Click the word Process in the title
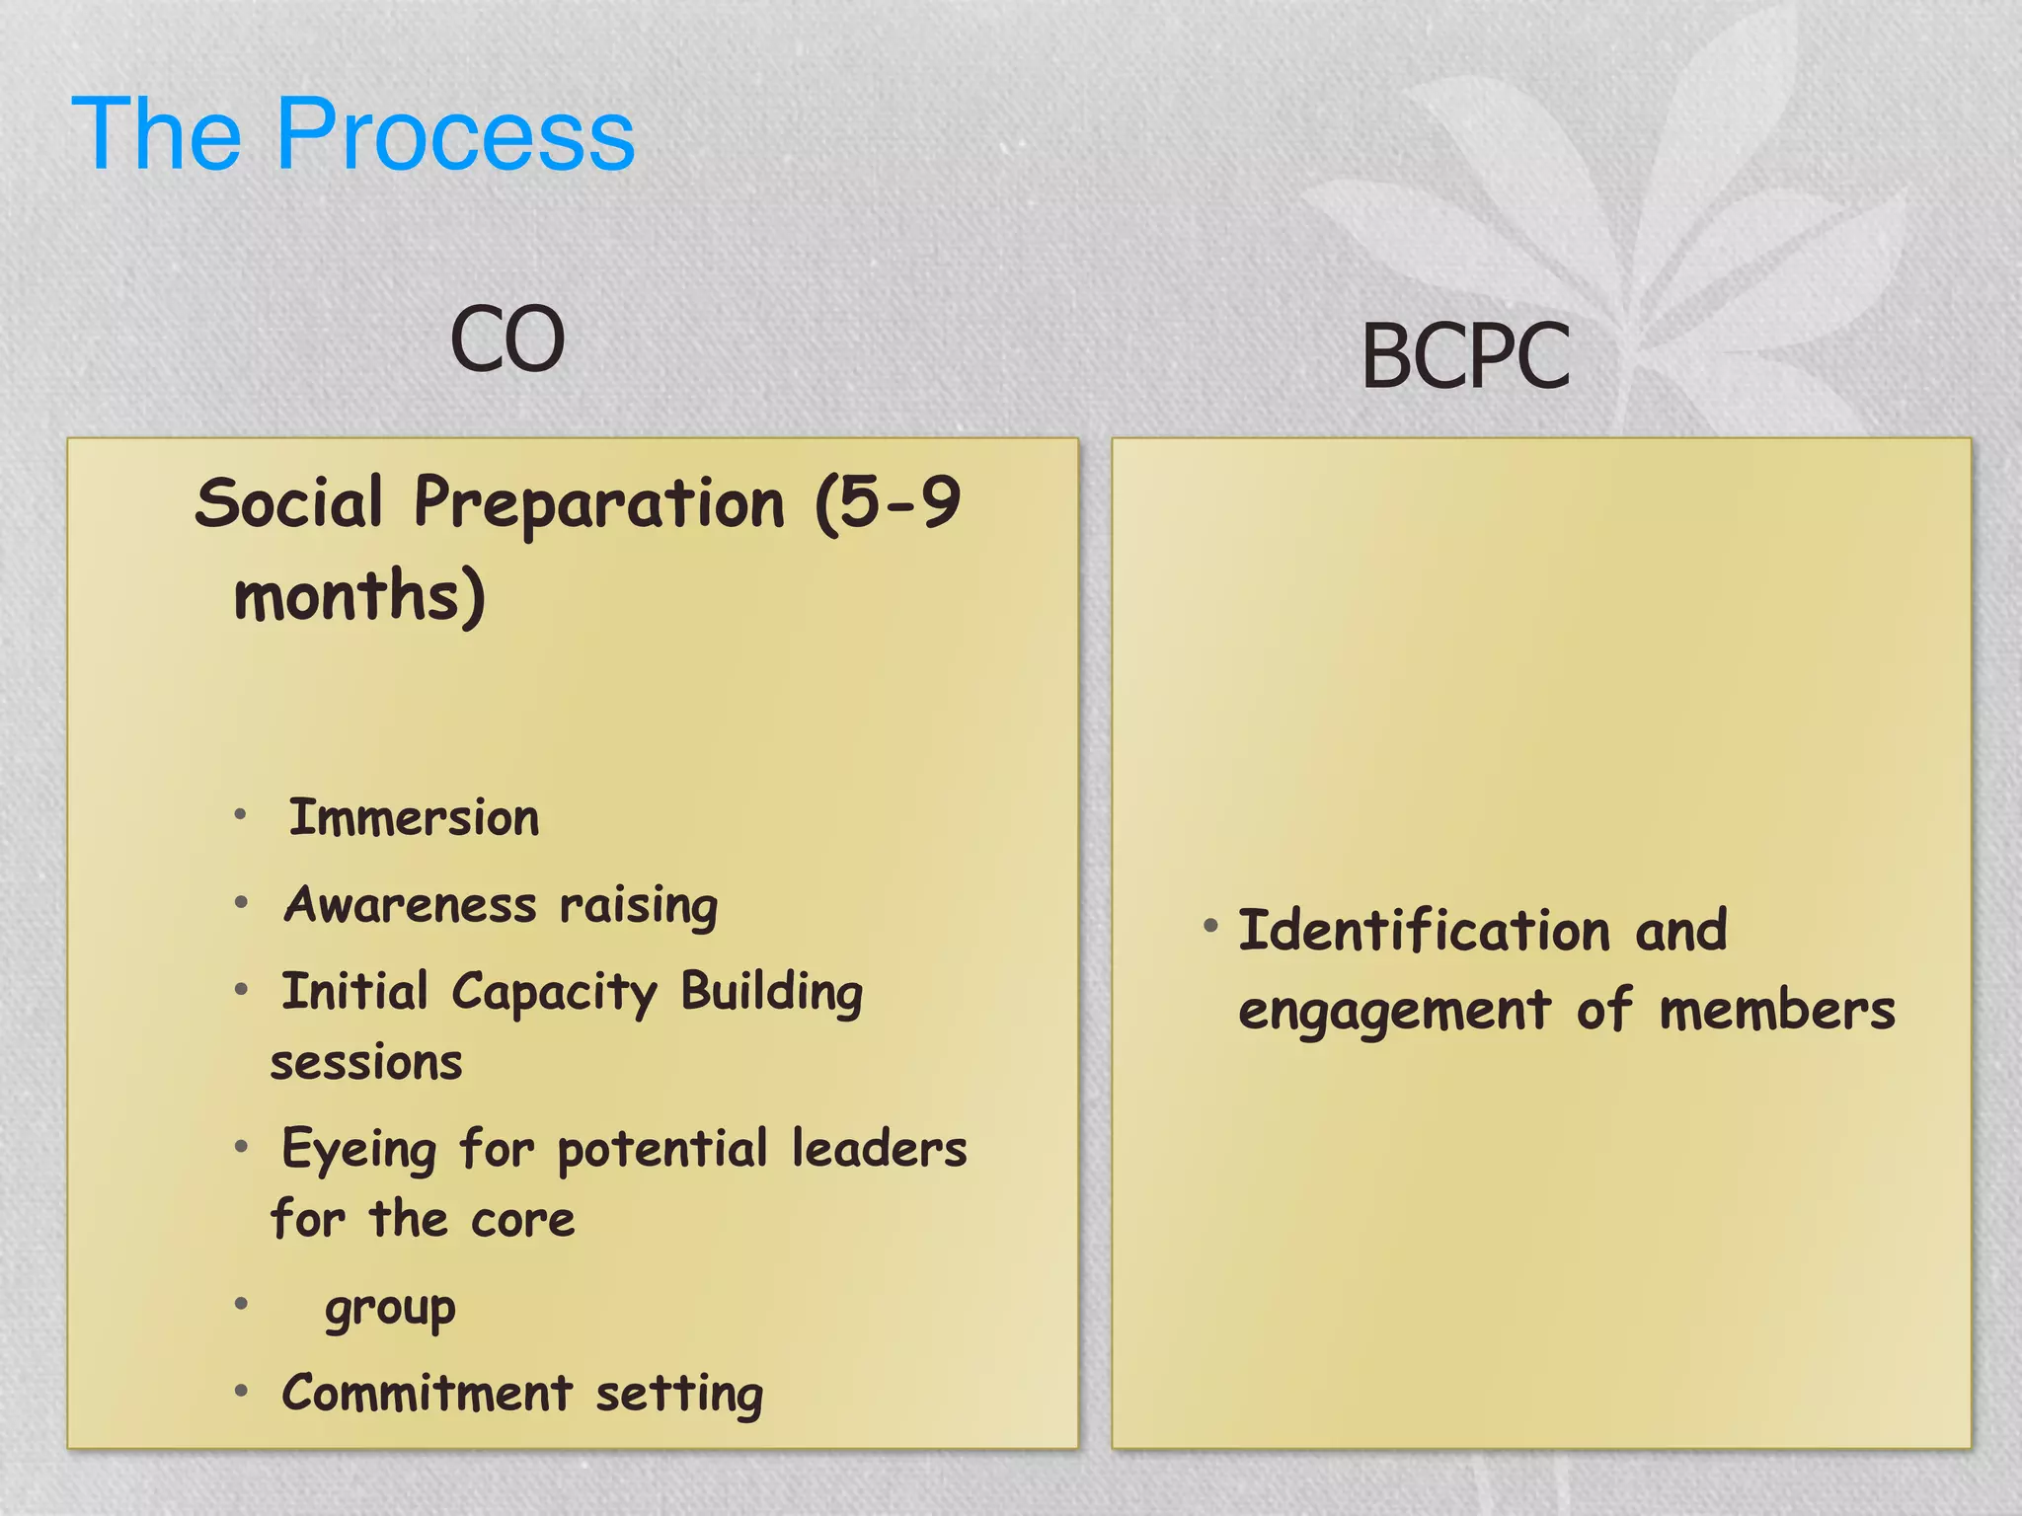(455, 135)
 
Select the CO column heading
(507, 340)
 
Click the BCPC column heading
(1465, 356)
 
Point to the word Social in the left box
(288, 503)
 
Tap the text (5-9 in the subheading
(887, 503)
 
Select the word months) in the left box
(359, 597)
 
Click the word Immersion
(414, 818)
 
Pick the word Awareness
(411, 905)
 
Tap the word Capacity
(554, 993)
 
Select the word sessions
(366, 1063)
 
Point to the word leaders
(879, 1149)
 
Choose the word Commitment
(427, 1394)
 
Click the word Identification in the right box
(1424, 931)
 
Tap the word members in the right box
(1777, 1012)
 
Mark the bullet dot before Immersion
(240, 815)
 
